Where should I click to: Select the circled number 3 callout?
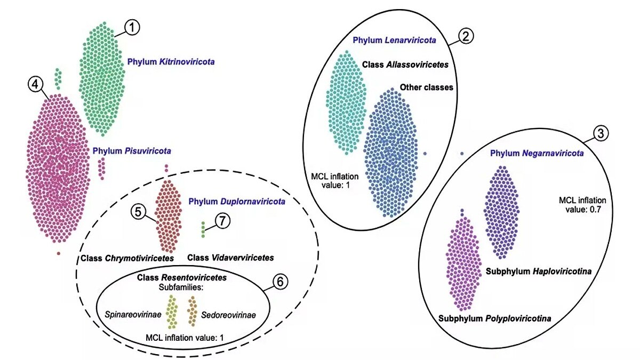click(601, 134)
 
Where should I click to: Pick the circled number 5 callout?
click(139, 212)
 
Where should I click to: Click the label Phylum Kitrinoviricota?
click(171, 62)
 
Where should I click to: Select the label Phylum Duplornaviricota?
click(237, 202)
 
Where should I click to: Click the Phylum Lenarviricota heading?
click(395, 40)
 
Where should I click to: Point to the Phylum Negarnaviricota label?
click(537, 154)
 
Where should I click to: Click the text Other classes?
click(426, 87)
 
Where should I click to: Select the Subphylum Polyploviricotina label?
click(494, 319)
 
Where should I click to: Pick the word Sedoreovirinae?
click(228, 315)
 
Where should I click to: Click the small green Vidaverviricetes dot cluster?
click(203, 229)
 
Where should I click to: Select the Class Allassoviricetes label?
click(405, 64)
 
